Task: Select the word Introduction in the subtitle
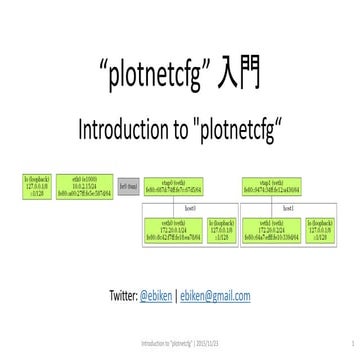(x=118, y=128)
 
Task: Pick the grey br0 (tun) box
(x=128, y=187)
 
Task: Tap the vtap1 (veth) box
(x=269, y=186)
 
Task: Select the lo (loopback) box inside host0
(x=219, y=230)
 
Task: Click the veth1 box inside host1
(x=270, y=230)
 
